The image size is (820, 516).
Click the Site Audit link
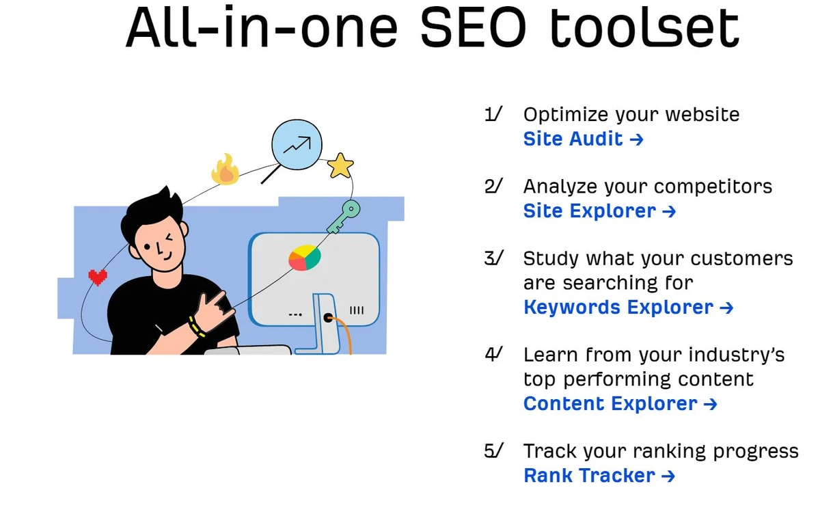point(583,139)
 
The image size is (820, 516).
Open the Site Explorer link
point(599,211)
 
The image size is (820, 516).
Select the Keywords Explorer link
point(628,308)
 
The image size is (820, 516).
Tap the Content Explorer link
point(620,404)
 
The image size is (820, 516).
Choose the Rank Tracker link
point(599,476)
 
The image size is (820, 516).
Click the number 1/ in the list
point(493,114)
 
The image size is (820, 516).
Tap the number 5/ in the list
point(493,451)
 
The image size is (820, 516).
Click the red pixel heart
point(98,277)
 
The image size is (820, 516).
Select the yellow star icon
point(340,165)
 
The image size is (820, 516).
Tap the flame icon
point(225,170)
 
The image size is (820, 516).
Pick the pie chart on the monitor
point(305,258)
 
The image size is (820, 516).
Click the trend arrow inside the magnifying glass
point(297,144)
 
